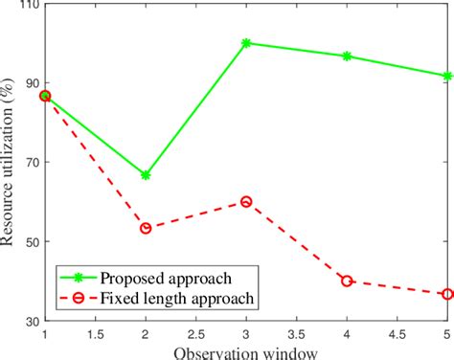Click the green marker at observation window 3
pos(246,43)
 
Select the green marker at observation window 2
pos(146,175)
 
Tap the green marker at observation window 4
pos(347,56)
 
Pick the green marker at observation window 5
pos(447,76)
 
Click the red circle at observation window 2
pos(146,228)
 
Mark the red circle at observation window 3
pos(246,201)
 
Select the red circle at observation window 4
pos(347,281)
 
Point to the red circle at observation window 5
pos(447,294)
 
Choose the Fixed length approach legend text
pos(177,298)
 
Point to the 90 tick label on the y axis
pos(30,83)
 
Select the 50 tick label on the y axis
pos(30,241)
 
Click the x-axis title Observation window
pos(246,351)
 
